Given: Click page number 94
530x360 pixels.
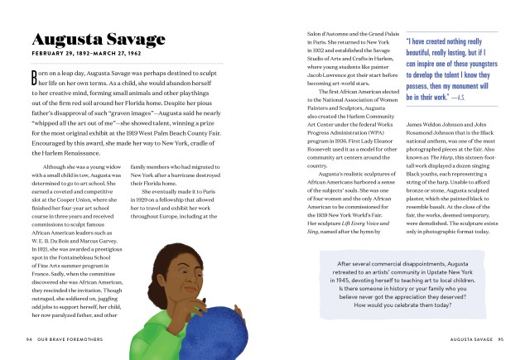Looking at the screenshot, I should (29, 338).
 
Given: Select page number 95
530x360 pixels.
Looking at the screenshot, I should (500, 338).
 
